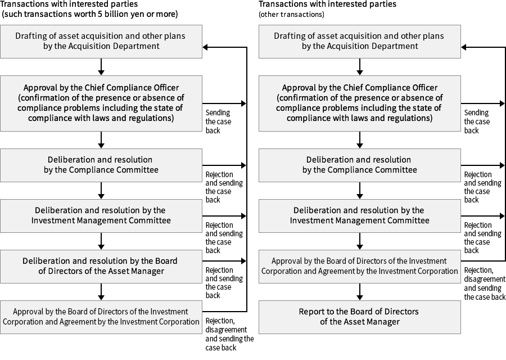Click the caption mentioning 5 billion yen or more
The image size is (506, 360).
pos(90,13)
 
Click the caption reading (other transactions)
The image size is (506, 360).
pos(291,14)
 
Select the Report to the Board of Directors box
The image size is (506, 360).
pos(360,316)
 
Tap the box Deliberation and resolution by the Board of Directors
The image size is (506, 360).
pos(101,266)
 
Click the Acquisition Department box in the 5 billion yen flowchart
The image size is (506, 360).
pos(101,41)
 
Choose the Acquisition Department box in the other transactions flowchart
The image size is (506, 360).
pos(360,41)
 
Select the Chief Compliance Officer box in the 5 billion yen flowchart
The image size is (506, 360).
pos(101,103)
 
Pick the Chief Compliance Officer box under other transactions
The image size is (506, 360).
pos(360,103)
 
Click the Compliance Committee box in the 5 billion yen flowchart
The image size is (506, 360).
pos(101,165)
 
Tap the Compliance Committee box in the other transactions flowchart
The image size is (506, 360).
pos(360,165)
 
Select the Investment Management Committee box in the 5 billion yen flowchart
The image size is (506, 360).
pos(101,215)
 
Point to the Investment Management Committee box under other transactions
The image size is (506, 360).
pos(360,215)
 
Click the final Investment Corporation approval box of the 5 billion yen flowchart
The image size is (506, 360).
pos(101,317)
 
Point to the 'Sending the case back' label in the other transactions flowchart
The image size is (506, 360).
pos(476,121)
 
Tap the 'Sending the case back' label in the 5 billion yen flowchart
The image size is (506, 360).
pos(218,121)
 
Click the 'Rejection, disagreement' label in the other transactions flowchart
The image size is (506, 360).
pos(484,283)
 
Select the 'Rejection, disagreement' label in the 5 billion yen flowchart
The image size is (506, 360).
pos(229,334)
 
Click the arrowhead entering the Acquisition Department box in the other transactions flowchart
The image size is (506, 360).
pos(465,47)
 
